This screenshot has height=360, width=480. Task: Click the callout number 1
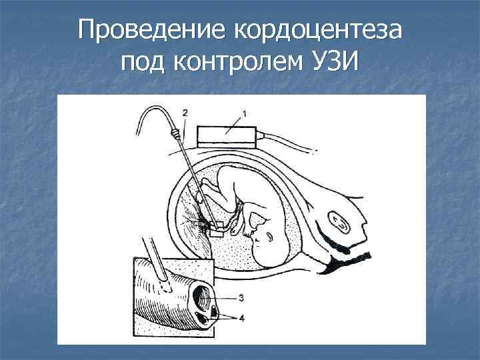244,114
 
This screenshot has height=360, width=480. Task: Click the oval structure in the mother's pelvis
340,223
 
